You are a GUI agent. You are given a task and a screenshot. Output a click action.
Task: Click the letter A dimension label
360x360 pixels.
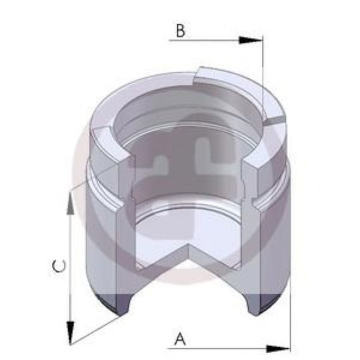(179, 339)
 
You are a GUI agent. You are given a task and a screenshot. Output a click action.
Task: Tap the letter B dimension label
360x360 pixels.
(180, 31)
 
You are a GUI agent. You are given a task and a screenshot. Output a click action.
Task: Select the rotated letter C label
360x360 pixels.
(60, 266)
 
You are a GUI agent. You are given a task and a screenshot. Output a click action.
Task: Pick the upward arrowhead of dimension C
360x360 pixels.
(70, 203)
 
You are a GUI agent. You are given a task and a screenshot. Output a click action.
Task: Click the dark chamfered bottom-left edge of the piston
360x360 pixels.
(116, 306)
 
